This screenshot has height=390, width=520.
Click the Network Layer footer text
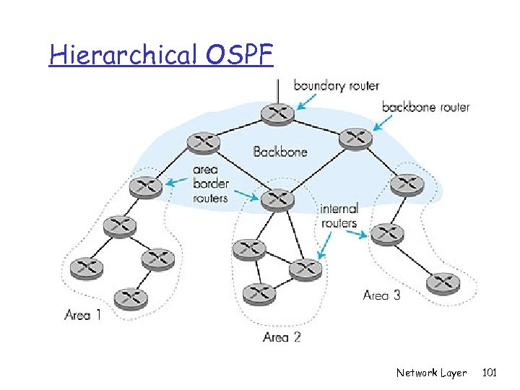coord(431,373)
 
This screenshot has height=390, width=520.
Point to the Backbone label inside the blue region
coord(280,152)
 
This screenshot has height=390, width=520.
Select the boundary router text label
coord(336,85)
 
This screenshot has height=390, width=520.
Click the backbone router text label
coord(425,107)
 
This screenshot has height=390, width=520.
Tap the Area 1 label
coord(83,314)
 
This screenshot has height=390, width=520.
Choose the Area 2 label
coord(282,337)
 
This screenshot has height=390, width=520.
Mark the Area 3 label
coord(381,295)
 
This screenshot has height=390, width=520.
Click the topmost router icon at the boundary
coord(277,113)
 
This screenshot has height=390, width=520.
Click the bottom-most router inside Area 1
coord(130,296)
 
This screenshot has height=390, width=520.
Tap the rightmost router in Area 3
coord(442,282)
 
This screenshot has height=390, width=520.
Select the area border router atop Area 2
coord(277,199)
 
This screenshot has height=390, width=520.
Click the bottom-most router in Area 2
coord(259,292)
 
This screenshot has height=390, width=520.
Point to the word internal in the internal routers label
coord(339,209)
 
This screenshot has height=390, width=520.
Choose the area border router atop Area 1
coord(147,187)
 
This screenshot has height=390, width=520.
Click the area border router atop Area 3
coord(407,185)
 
